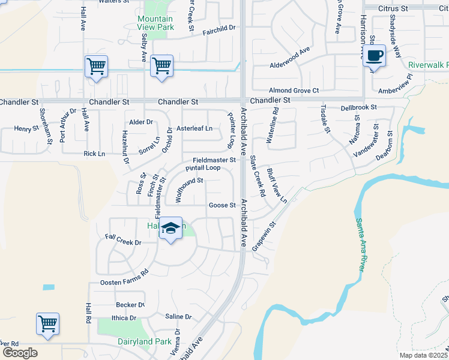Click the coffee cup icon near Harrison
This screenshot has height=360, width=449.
[x=375, y=56]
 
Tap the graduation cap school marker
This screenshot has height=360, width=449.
[x=171, y=229]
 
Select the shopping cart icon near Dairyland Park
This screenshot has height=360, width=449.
[x=47, y=324]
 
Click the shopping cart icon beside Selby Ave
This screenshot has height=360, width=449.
[x=161, y=66]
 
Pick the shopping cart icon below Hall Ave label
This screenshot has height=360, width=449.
[x=96, y=66]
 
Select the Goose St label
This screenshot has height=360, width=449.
[x=222, y=205]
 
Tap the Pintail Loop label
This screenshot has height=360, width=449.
[x=203, y=168]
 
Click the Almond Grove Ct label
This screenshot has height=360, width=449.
[x=294, y=90]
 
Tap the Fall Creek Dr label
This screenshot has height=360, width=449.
[x=122, y=242]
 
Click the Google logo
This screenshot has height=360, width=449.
[x=20, y=353]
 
